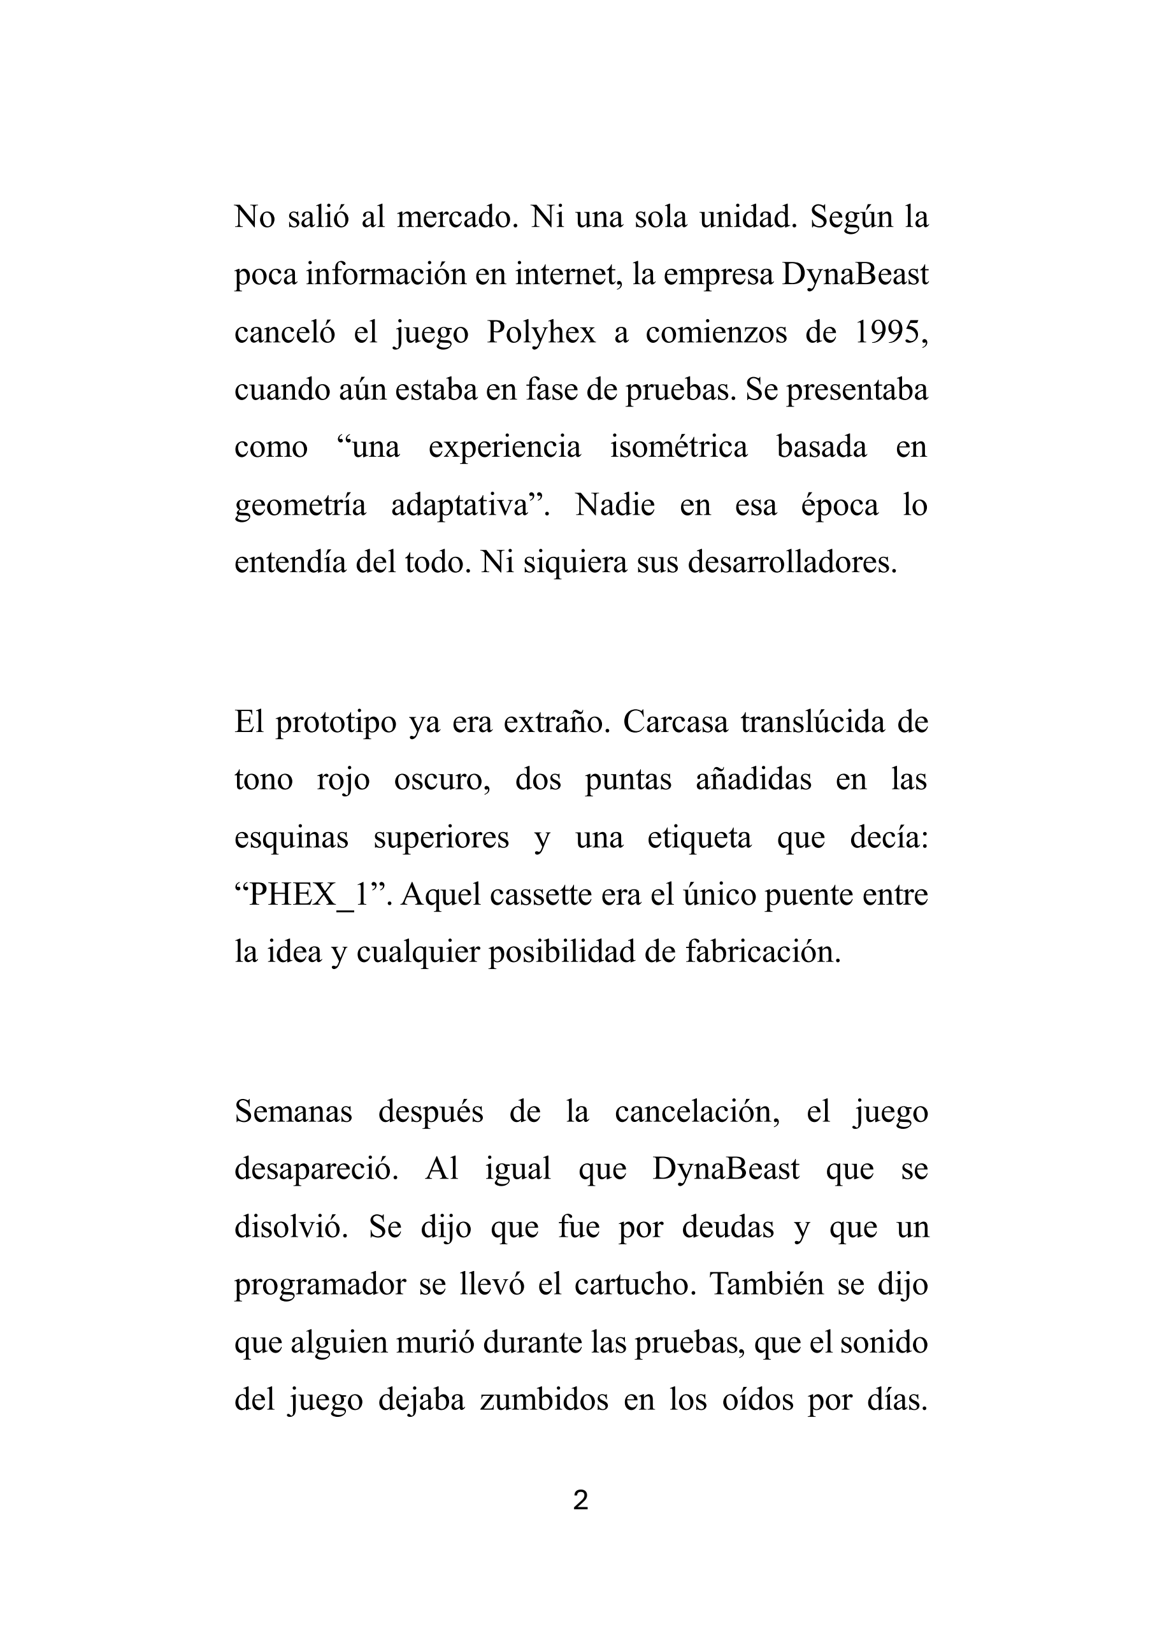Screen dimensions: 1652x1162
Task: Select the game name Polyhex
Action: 541,333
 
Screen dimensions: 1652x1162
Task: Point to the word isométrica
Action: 678,447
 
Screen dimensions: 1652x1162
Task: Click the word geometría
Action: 300,506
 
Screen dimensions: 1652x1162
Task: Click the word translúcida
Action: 812,722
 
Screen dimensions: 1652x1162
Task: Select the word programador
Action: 320,1286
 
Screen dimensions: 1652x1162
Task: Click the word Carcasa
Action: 676,722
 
